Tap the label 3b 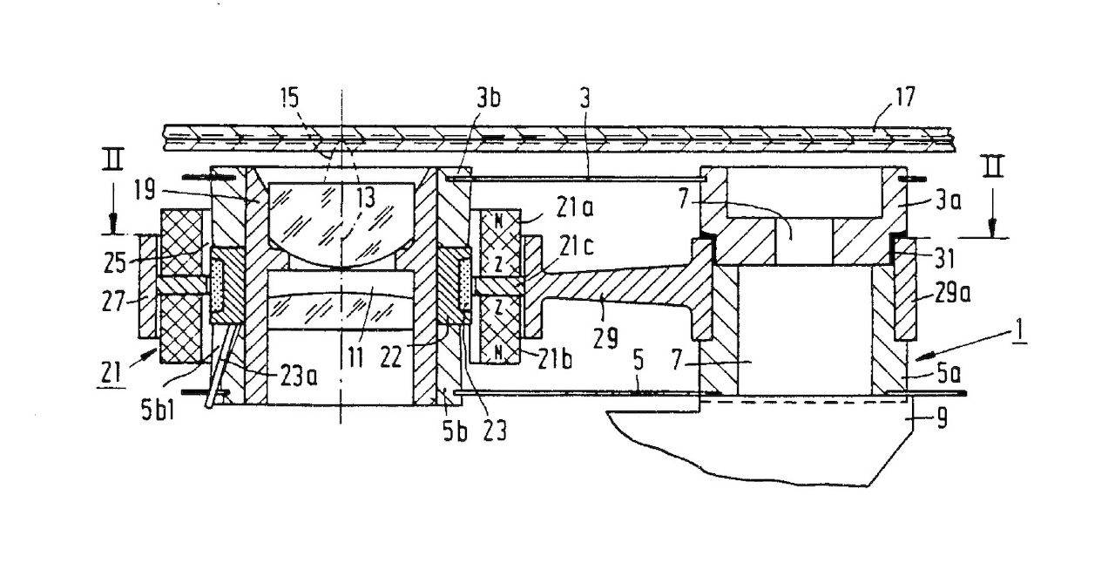488,98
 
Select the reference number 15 289,98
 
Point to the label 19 145,190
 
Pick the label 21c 576,245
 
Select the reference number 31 943,260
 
